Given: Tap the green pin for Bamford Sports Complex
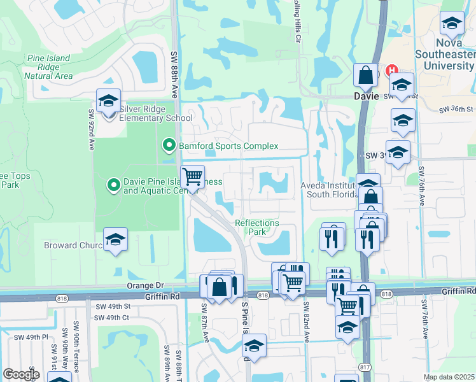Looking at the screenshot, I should [x=169, y=146].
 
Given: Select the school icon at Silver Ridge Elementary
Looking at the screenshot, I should [x=109, y=101].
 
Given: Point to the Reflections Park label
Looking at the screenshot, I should [x=257, y=227].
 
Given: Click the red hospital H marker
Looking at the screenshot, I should [x=392, y=71].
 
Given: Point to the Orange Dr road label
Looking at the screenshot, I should [x=145, y=286].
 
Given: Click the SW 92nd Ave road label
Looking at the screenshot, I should [x=90, y=130].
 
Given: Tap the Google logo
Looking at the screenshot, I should [x=21, y=374].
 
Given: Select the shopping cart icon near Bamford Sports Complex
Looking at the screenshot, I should [x=192, y=176].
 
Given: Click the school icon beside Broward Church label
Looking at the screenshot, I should [x=115, y=240].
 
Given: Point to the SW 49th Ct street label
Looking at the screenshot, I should [x=112, y=317].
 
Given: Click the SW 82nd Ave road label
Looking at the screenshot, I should [x=306, y=322].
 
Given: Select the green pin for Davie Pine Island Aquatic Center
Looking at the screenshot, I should [x=114, y=185].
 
